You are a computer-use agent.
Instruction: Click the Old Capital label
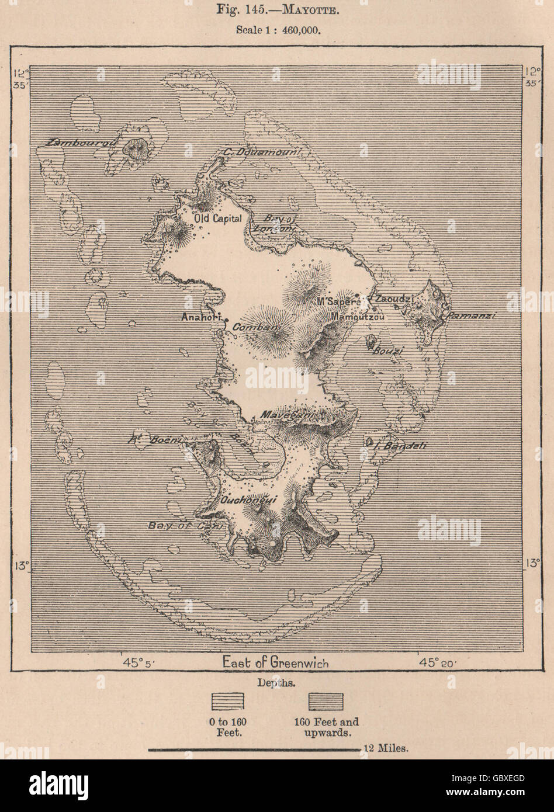(x=217, y=217)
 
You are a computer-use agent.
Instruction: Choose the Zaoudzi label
(x=396, y=299)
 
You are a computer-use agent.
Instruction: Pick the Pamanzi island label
(x=473, y=315)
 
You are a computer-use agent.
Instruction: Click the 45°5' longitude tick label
(x=138, y=662)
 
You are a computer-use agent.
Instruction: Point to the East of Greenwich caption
(x=276, y=662)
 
